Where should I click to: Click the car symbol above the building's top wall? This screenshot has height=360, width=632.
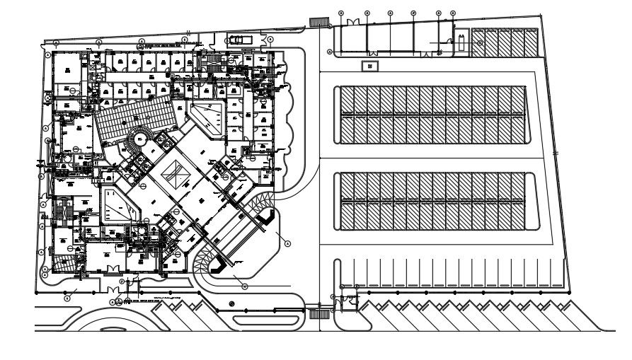[235, 40]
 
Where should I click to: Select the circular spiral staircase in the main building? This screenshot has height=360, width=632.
[139, 137]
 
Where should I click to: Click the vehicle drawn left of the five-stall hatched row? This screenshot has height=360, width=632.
[461, 43]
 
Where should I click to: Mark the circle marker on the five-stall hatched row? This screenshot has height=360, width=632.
[481, 43]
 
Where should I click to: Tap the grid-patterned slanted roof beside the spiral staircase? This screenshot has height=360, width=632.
[135, 113]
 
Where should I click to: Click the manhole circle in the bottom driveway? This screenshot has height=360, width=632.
[231, 304]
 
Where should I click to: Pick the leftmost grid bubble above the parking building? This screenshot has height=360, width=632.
[340, 13]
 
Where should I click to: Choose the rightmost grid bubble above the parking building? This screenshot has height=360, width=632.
[453, 13]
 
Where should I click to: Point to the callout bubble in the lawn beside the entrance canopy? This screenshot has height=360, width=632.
[287, 242]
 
